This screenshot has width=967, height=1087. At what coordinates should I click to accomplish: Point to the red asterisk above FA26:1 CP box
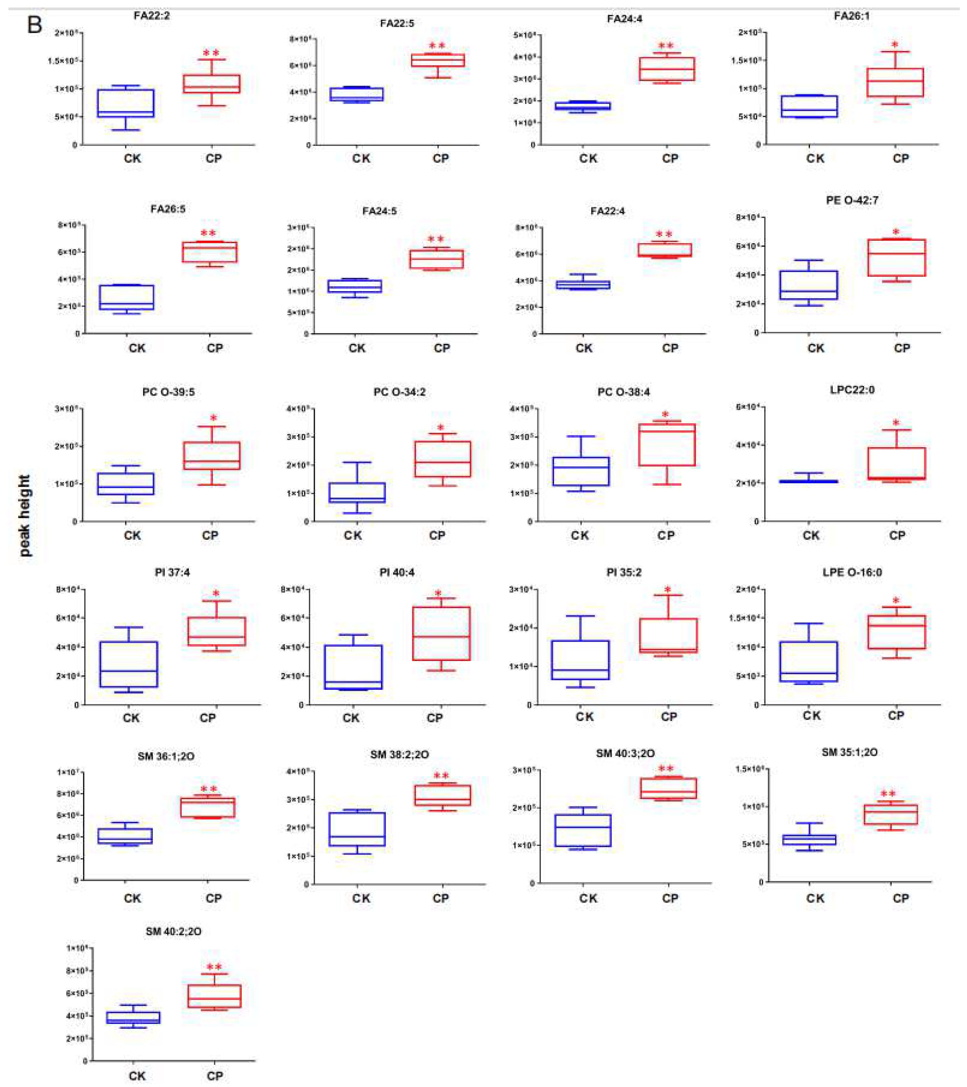click(895, 45)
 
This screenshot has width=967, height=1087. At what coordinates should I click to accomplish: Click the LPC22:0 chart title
click(852, 390)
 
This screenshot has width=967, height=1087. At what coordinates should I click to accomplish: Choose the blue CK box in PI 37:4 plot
click(129, 664)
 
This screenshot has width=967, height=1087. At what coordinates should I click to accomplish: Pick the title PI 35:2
click(624, 572)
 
